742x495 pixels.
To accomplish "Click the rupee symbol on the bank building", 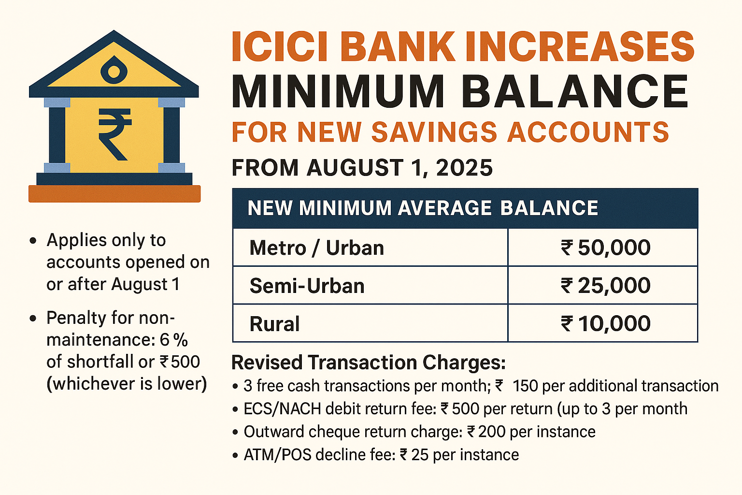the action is coord(115,135).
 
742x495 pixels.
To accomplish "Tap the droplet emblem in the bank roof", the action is coord(114,70).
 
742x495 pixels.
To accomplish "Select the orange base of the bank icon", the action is coord(114,194).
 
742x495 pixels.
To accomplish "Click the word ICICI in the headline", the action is coord(280,47).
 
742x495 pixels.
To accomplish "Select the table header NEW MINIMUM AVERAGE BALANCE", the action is coord(423,208).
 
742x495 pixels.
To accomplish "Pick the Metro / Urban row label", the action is coord(317,247).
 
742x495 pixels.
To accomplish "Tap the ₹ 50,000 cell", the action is coord(606,247).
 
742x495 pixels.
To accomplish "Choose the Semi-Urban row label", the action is coord(307,286).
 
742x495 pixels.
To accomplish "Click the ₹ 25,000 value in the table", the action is coord(606,286).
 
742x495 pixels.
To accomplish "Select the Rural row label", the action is coord(274,323).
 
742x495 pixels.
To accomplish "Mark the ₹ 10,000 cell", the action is coord(606,323).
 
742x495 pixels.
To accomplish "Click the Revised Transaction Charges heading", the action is coord(369,363).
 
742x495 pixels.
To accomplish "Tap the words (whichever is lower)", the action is coord(127,384).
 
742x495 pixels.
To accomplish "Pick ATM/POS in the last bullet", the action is coord(278,455).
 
